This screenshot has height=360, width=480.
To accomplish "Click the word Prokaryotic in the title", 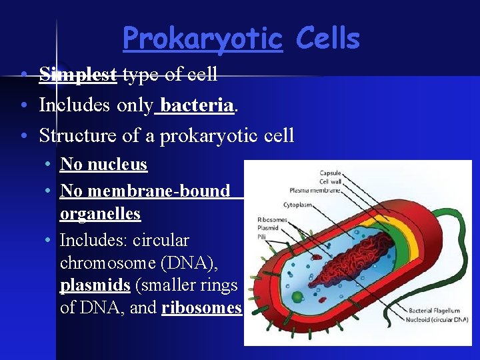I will pos(203,39).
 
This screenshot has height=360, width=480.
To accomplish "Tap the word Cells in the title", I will pos(327,39).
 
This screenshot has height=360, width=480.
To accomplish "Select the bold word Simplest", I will pos(78,74).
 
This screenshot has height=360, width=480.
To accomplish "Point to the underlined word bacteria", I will pos(197,105).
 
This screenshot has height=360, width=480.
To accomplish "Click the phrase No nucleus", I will pos(103,164).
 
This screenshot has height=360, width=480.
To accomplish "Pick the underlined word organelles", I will pos(100,213).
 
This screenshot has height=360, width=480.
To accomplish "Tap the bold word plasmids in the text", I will pos(94,285).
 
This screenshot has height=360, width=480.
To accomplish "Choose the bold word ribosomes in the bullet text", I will pos(201,307).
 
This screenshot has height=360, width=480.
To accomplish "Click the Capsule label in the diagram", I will pos(331,174).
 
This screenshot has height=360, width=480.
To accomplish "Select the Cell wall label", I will pos(331,181).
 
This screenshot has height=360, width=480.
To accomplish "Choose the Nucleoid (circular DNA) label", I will pos(438,319).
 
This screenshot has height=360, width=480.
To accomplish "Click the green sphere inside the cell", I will pos(297,295).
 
